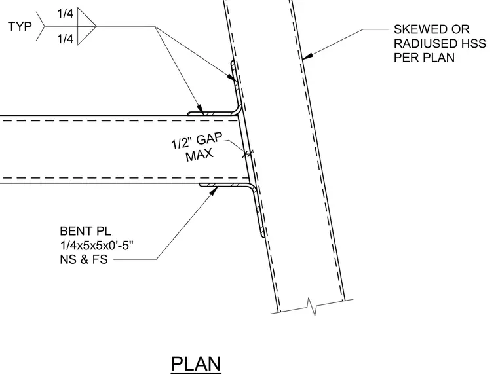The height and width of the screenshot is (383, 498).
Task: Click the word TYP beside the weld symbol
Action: click(20, 26)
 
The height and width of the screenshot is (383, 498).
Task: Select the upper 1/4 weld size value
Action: click(65, 14)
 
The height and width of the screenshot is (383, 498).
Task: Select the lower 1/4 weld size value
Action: click(65, 39)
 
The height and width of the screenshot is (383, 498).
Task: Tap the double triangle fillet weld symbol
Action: click(86, 26)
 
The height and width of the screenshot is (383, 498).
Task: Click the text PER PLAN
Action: click(424, 58)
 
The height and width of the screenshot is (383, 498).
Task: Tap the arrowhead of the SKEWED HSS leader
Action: click(307, 56)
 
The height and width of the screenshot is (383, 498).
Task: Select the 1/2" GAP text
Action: click(197, 141)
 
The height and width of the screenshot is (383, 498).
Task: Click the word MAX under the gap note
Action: click(199, 155)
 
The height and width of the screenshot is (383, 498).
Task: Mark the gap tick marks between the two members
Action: click(248, 154)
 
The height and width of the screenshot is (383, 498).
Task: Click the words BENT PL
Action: click(85, 231)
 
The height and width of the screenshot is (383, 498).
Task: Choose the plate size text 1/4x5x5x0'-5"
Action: click(96, 246)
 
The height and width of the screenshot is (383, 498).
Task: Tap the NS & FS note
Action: click(84, 259)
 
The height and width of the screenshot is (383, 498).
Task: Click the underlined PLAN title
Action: click(196, 364)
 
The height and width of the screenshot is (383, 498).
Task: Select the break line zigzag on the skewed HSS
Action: click(311, 306)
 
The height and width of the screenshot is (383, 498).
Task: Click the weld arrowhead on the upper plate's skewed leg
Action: click(231, 77)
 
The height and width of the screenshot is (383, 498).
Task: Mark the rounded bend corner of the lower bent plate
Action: click(252, 187)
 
